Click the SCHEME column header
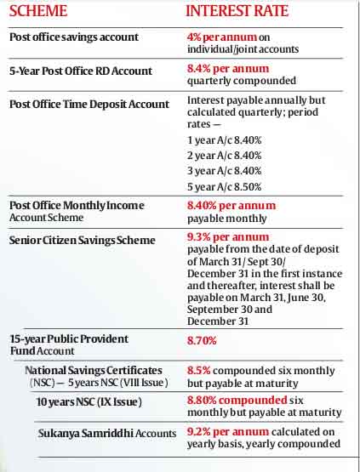coord(38,11)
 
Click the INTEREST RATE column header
coord(237,11)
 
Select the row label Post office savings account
coord(74,37)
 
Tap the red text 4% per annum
coord(222,37)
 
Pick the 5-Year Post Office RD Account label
coord(81,71)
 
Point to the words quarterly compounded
coord(242,81)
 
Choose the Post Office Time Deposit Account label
coord(89,104)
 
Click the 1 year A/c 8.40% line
coord(225,140)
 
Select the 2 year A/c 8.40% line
coord(225,156)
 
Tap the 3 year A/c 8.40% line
coord(225,171)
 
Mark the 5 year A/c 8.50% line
coord(225,187)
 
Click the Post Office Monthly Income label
coord(77,206)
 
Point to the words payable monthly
coord(227,219)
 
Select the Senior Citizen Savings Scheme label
coord(83,240)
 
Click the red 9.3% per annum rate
coord(228,237)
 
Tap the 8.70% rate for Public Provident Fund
coord(202,341)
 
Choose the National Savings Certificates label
coord(94,370)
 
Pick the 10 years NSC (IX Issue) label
coord(89,402)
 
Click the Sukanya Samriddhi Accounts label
coord(107,434)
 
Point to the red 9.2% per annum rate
coord(228,432)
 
